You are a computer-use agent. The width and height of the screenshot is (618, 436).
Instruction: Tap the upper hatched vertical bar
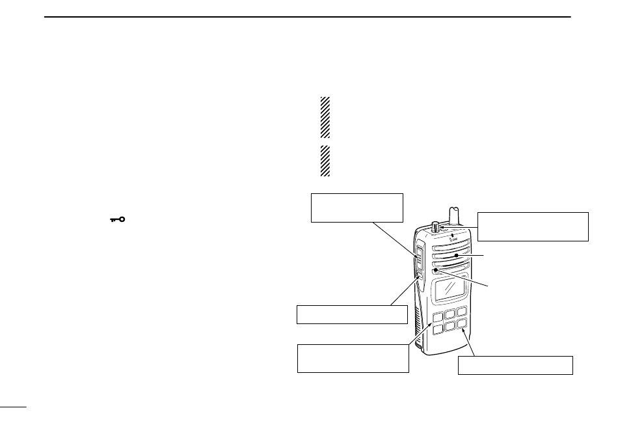325,117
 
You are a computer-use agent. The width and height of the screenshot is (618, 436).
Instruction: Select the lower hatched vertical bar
325,161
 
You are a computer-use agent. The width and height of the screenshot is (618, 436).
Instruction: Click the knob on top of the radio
434,227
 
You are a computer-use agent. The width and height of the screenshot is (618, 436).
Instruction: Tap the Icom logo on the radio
452,245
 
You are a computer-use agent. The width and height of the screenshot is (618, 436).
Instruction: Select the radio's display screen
450,287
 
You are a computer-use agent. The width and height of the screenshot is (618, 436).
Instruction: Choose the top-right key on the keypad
462,312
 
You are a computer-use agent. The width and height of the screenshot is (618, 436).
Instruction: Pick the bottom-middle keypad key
449,326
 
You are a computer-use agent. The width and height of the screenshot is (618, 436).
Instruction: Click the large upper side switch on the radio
418,258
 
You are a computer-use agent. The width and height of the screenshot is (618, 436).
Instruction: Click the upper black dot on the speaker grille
457,256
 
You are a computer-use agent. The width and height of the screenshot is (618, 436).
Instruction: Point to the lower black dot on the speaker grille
435,269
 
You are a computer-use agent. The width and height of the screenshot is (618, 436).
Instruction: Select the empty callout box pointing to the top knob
533,226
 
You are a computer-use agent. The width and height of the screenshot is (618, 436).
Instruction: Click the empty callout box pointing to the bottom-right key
515,365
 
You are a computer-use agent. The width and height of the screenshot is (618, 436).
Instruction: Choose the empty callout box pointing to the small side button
352,314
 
